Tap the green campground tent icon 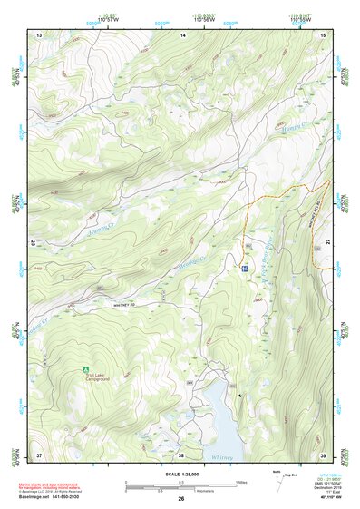[84, 369]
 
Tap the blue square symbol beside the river [245, 269]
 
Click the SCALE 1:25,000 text [181, 474]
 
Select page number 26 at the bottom [181, 499]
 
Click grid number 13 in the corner [39, 34]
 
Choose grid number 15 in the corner [325, 34]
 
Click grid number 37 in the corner [39, 454]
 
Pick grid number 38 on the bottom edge [180, 454]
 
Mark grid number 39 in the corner [325, 454]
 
